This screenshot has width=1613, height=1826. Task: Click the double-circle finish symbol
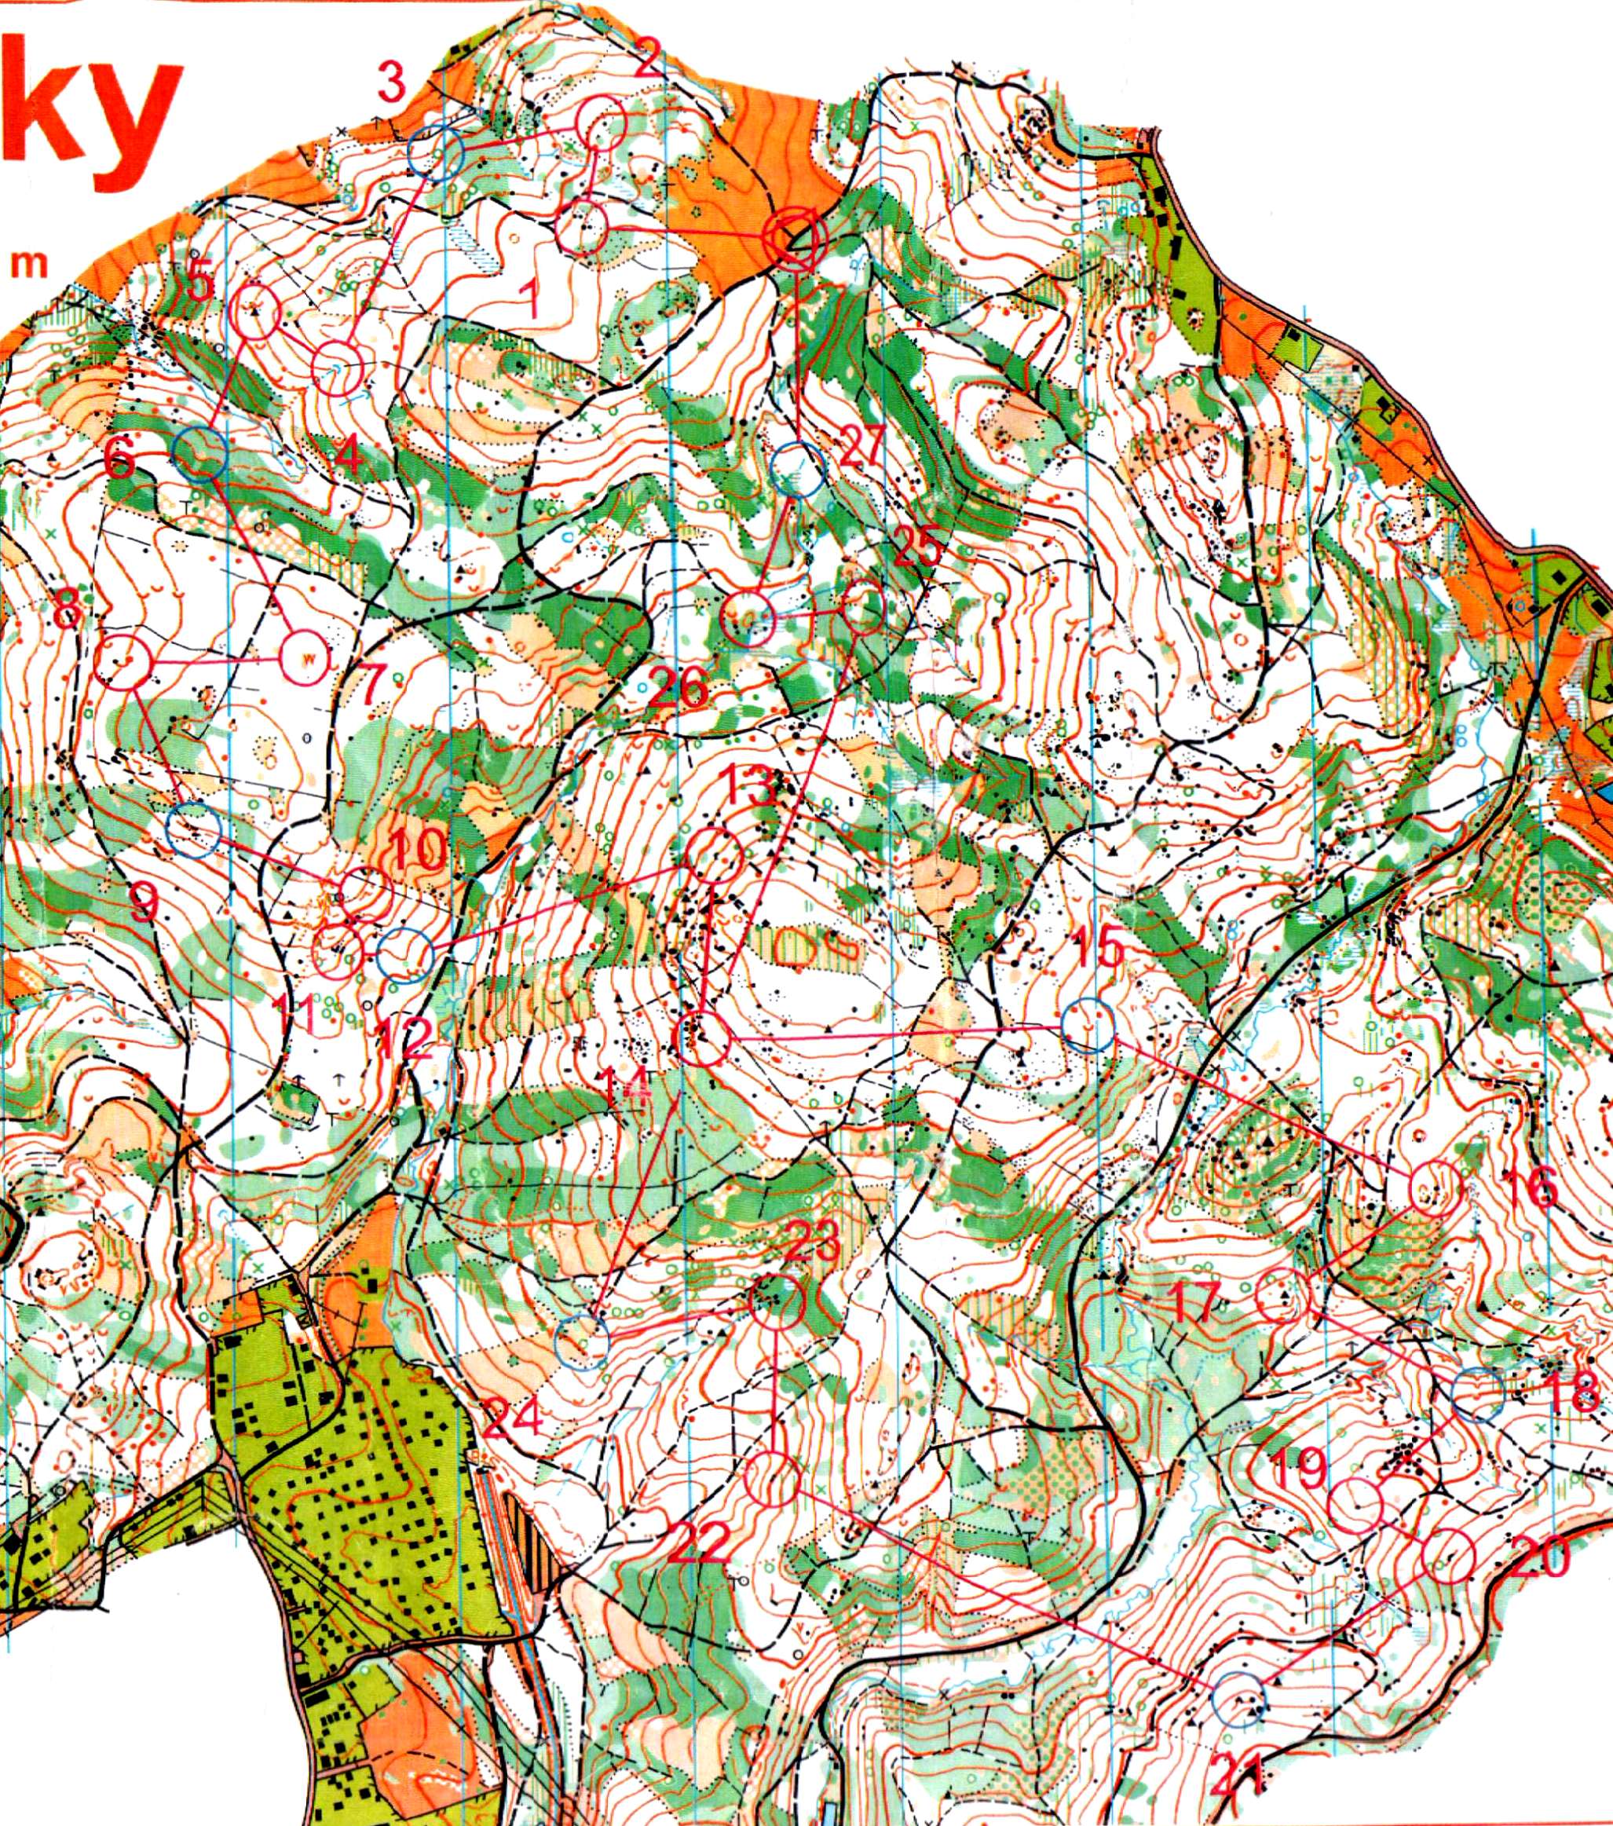tap(793, 236)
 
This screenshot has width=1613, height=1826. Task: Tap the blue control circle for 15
tap(1088, 1026)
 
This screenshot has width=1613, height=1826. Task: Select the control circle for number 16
tap(1435, 1188)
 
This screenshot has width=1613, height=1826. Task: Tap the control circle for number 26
tap(747, 617)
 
